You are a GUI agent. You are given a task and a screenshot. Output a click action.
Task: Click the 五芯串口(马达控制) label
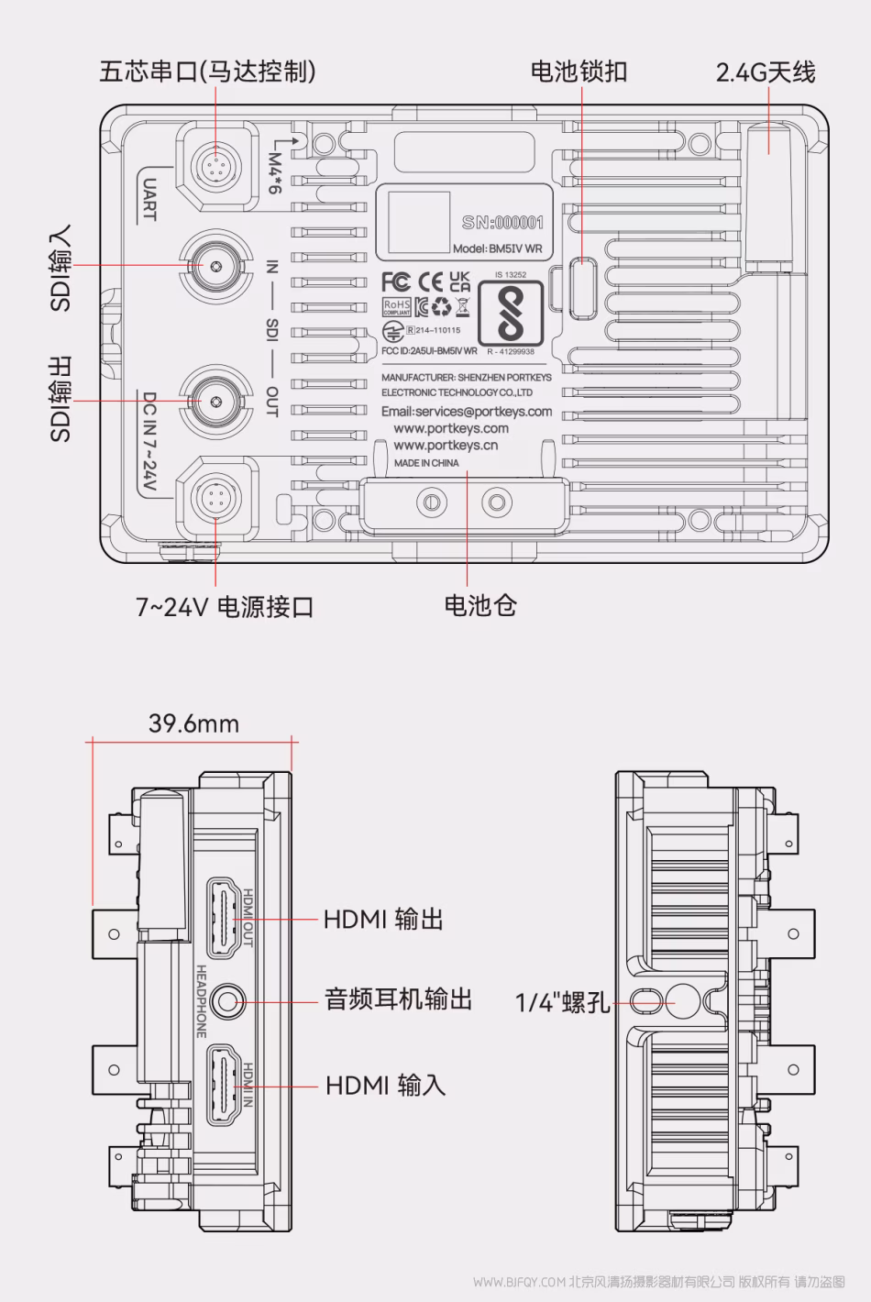(207, 72)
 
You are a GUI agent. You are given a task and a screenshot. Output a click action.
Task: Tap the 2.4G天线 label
(766, 72)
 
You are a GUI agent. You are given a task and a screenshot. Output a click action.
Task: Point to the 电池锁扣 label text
(579, 72)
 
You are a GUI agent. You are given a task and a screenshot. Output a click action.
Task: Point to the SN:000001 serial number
(502, 222)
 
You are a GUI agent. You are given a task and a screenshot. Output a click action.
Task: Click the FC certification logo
(395, 281)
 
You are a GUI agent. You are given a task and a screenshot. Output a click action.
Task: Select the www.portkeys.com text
(450, 428)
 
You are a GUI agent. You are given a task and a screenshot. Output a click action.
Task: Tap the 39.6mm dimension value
(193, 723)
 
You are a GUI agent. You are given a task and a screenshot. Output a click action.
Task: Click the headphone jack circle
(226, 1000)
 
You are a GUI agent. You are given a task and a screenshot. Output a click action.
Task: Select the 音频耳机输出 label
(398, 999)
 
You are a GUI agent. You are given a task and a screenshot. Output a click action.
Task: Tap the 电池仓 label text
(480, 605)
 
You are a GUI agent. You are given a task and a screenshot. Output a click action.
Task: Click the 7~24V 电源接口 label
(225, 606)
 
